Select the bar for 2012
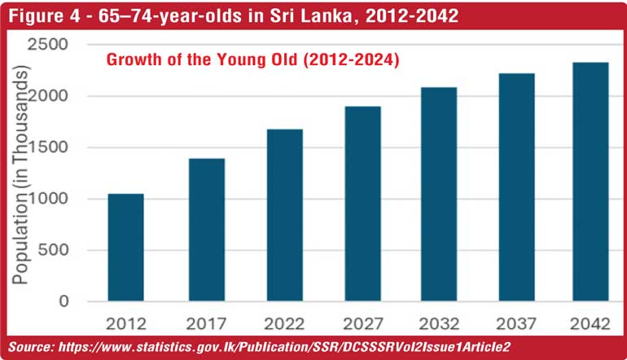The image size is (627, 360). click(x=125, y=248)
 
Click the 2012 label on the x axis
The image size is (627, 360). click(x=125, y=324)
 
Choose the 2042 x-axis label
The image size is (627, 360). click(x=590, y=324)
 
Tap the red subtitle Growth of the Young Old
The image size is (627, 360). click(x=252, y=60)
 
